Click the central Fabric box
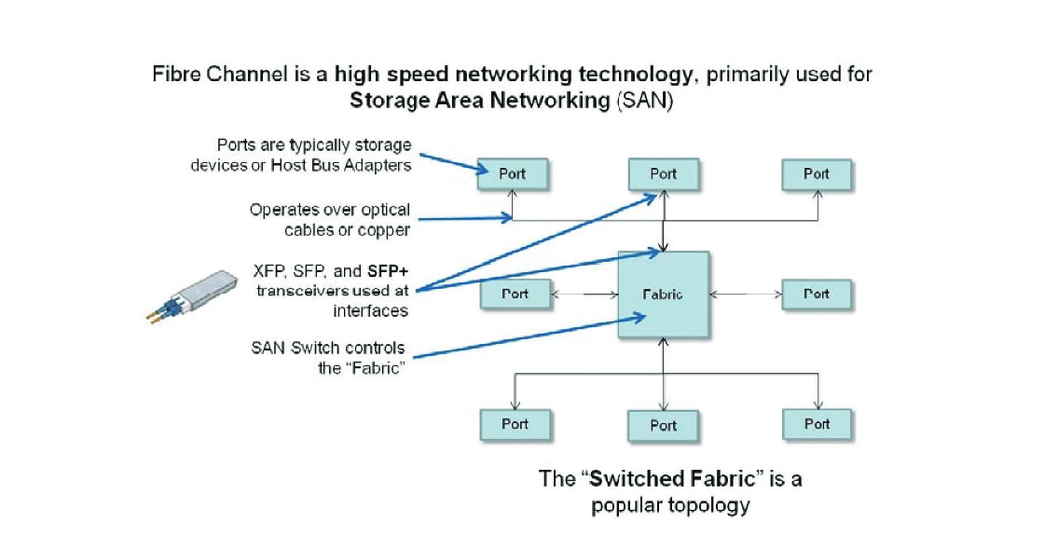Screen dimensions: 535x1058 click(663, 295)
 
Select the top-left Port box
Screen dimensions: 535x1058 click(514, 173)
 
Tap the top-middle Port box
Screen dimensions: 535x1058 click(663, 173)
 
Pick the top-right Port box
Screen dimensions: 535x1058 click(817, 173)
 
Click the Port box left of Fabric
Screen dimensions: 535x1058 click(515, 294)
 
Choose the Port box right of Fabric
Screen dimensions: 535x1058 click(817, 294)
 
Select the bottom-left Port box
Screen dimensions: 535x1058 click(515, 424)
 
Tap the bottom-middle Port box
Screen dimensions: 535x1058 click(663, 425)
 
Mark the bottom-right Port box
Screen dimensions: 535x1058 click(817, 424)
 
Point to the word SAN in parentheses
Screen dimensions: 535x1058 click(644, 101)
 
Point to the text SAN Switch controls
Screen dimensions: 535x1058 click(328, 349)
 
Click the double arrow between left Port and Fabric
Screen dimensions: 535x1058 click(585, 295)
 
